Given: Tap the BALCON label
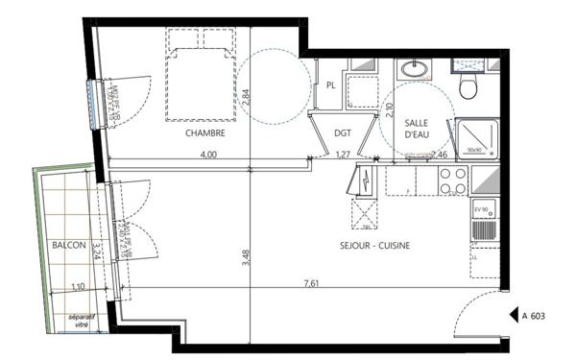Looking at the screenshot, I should tap(70, 246).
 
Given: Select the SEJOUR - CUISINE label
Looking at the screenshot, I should tap(376, 247).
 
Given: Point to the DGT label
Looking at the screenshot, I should tap(343, 133).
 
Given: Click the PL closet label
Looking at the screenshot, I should tap(330, 85).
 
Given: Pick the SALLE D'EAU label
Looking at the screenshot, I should tap(417, 130).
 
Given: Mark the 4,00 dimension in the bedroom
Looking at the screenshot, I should tap(207, 155).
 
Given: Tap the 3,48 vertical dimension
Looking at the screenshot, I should tap(248, 260).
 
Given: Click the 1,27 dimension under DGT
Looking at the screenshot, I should tap(342, 155).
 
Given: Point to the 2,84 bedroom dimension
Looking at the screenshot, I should tap(246, 97).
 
